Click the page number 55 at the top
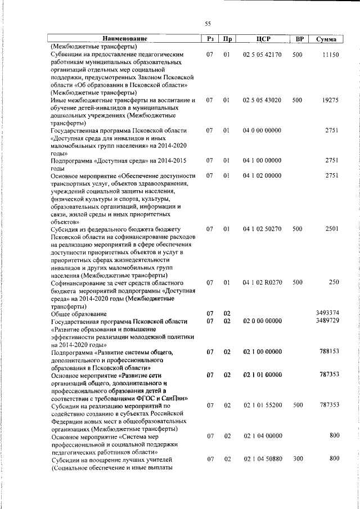pyautogui.click(x=208, y=23)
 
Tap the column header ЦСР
pyautogui.click(x=263, y=39)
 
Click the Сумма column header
pyautogui.click(x=326, y=39)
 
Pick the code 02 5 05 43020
pyautogui.click(x=262, y=100)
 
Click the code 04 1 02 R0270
pyautogui.click(x=262, y=282)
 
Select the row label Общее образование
pyautogui.click(x=79, y=313)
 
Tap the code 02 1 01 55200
pyautogui.click(x=262, y=405)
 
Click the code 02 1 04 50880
pyautogui.click(x=262, y=459)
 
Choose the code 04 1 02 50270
pyautogui.click(x=262, y=229)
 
